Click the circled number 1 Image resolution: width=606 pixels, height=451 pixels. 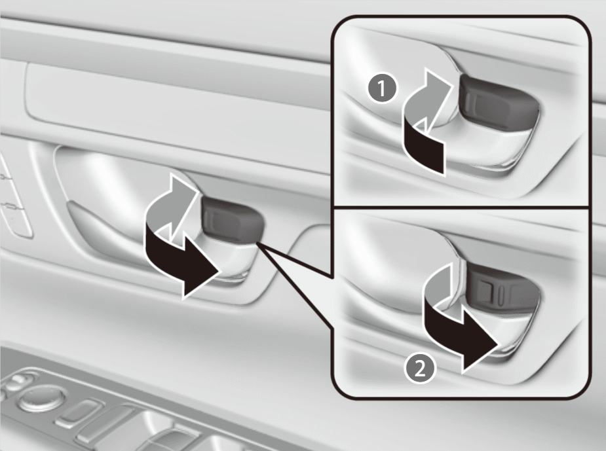(x=382, y=88)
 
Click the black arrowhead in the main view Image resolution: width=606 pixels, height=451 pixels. (x=201, y=272)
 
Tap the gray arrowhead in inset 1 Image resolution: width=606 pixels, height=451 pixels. (x=437, y=88)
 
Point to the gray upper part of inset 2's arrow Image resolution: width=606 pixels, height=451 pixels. (x=441, y=287)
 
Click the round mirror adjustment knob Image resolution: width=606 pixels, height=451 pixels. (x=41, y=398)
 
